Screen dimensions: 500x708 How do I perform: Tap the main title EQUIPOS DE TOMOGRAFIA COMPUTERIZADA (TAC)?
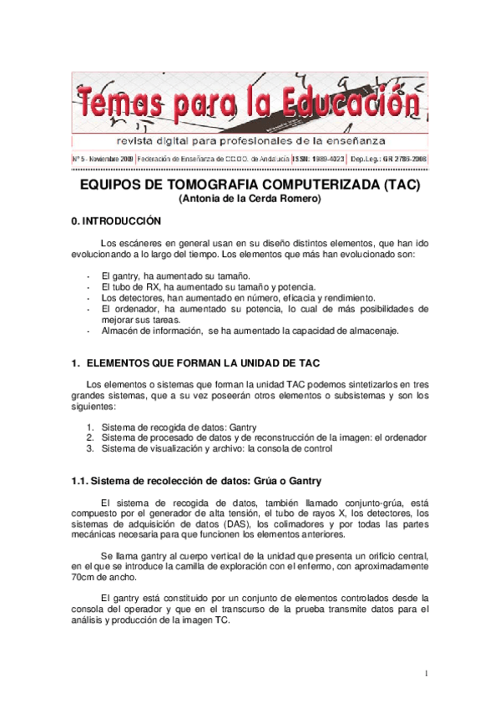coord(250,185)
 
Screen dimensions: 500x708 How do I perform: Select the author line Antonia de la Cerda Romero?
coord(250,200)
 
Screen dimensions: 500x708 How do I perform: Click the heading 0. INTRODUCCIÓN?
coord(116,222)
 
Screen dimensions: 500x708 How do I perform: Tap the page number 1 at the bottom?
coord(426,673)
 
